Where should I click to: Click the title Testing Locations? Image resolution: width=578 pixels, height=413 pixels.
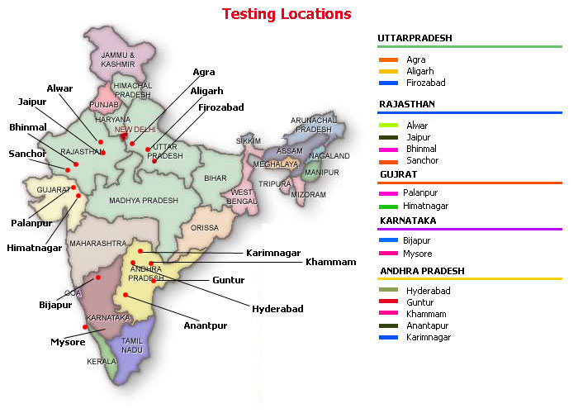tap(287, 14)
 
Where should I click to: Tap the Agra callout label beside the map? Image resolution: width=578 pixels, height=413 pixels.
tap(203, 72)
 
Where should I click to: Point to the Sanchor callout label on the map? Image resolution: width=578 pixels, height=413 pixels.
tap(27, 154)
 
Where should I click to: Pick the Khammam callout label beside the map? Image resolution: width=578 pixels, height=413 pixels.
tap(330, 262)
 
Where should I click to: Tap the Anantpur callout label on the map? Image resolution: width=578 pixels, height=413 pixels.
tap(206, 325)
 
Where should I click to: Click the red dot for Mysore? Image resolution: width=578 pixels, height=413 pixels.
tap(85, 327)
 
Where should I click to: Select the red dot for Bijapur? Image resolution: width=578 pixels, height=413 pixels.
tap(98, 278)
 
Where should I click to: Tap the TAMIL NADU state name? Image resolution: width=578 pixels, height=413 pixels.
tap(133, 345)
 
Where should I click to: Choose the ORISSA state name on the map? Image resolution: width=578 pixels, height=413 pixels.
tap(205, 227)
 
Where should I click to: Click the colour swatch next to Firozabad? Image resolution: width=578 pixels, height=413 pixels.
tap(388, 83)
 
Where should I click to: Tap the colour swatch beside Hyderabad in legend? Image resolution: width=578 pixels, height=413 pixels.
tap(388, 291)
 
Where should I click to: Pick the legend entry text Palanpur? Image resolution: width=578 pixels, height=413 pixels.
tap(420, 192)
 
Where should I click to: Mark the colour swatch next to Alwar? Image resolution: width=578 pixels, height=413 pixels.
tap(388, 126)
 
